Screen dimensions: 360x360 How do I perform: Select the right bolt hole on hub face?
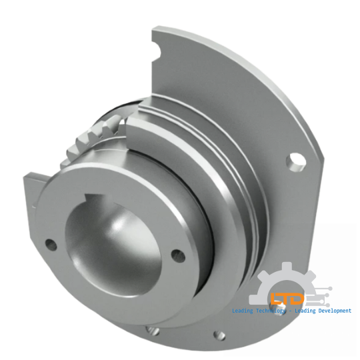pyautogui.click(x=177, y=254)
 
